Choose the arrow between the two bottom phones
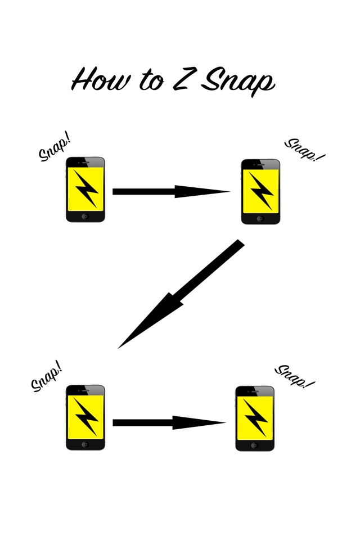tap(169, 422)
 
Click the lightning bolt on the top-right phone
tap(260, 191)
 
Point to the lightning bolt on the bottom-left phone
tap(85, 417)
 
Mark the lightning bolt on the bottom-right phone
tap(255, 417)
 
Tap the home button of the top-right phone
tap(260, 218)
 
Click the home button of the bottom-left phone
tap(85, 444)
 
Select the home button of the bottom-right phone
tap(255, 444)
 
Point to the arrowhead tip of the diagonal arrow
tap(119, 348)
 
